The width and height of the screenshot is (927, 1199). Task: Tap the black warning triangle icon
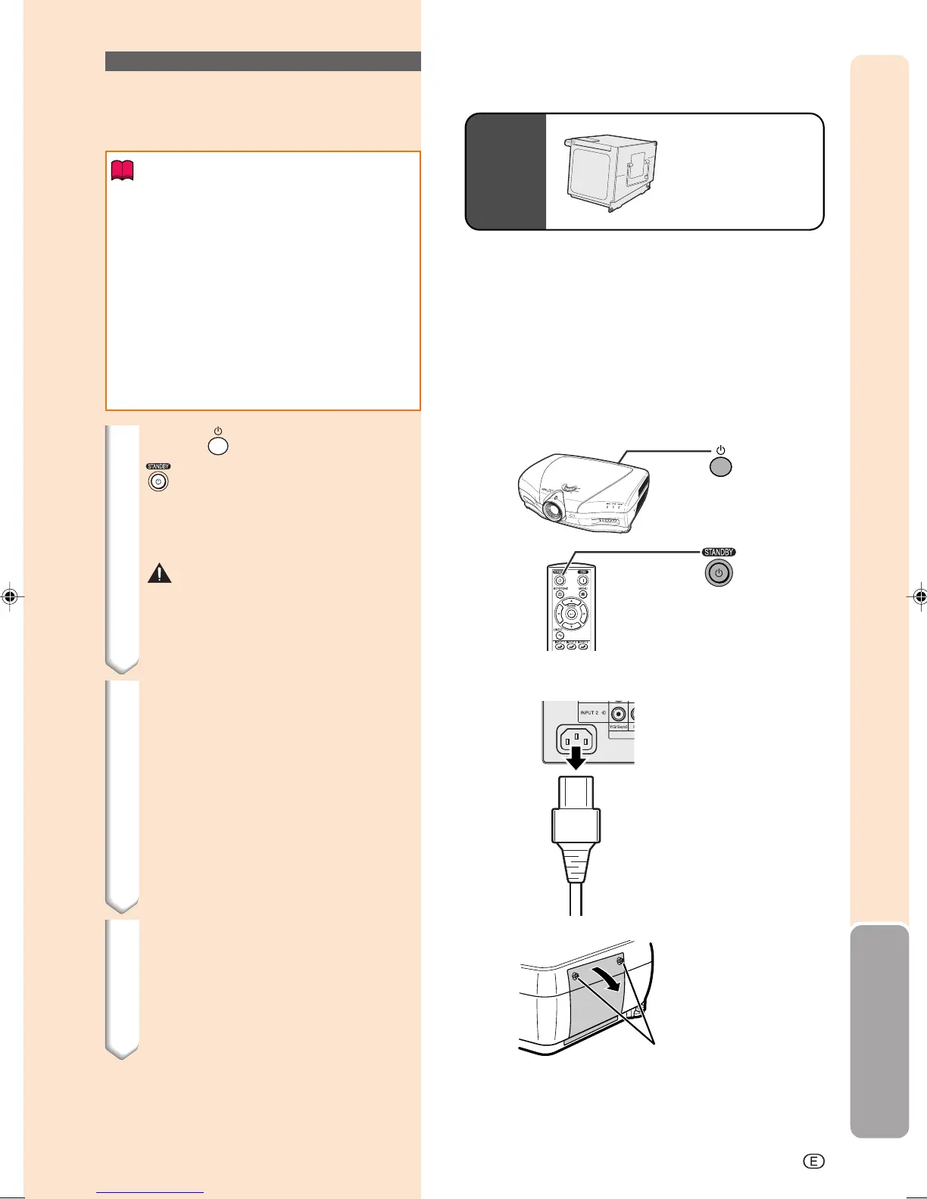(159, 574)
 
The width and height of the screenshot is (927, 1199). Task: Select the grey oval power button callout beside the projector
(720, 467)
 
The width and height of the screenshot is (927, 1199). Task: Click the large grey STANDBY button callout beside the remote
(719, 573)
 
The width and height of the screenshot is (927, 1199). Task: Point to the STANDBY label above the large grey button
(718, 553)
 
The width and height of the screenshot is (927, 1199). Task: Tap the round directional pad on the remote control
(571, 613)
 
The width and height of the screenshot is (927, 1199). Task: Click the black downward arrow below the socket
(576, 757)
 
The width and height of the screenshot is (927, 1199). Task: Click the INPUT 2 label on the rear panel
(589, 713)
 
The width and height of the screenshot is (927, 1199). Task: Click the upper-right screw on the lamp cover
(620, 961)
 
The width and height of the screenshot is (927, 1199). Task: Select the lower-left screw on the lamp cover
(577, 976)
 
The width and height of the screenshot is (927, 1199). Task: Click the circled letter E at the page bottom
(813, 1161)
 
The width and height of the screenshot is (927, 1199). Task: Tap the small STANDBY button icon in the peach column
(158, 481)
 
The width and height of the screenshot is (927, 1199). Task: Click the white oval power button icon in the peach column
(217, 446)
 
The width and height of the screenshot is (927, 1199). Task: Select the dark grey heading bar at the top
(263, 61)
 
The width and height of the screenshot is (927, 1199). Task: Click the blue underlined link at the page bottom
(150, 1192)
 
